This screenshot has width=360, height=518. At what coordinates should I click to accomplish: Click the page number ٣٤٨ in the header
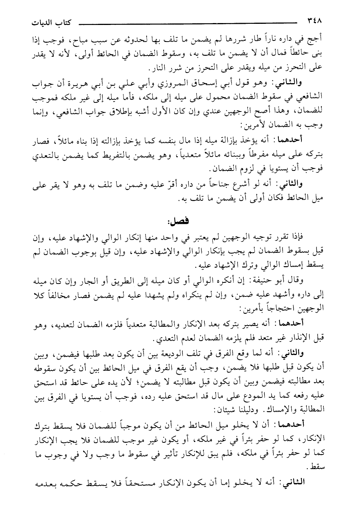(x=316, y=22)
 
